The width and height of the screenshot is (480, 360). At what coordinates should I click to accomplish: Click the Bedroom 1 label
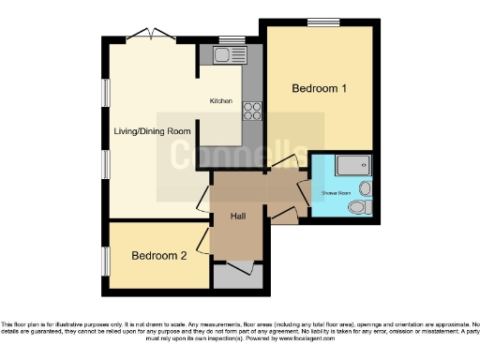coord(320,89)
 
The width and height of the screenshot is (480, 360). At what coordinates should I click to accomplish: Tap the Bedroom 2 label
coord(158,256)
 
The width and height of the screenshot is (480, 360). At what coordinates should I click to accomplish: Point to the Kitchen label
coord(220,101)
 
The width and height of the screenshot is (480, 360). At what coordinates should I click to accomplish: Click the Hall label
coord(238,217)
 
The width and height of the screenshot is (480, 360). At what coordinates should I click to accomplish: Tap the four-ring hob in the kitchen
coord(252,112)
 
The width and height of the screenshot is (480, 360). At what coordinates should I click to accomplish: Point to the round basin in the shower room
coord(365,188)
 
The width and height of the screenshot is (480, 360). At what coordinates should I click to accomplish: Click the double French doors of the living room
coord(150,35)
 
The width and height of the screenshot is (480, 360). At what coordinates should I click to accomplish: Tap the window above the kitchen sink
coord(227,39)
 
